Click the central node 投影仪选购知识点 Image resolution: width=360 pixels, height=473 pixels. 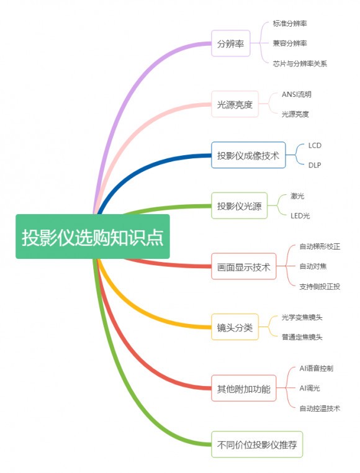pos(92,236)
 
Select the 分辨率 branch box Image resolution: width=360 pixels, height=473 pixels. pos(231,43)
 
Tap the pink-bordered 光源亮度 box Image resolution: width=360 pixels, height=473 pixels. pos(235,104)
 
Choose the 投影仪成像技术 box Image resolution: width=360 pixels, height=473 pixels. pos(248,155)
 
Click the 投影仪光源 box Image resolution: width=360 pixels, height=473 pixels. pos(240,205)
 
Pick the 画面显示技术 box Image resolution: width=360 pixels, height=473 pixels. pos(244,266)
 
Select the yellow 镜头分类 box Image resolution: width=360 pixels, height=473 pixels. pos(235,327)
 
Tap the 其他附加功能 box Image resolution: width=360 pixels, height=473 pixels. pos(244,388)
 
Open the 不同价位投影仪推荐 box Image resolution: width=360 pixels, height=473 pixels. pos(257,444)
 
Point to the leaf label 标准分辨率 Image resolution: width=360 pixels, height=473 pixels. pos(290,23)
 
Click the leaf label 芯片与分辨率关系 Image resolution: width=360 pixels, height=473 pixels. pos(300,63)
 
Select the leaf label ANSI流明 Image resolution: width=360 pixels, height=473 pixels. pos(296,94)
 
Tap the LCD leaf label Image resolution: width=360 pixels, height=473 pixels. pos(315,145)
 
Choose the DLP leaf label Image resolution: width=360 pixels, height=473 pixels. pos(315,165)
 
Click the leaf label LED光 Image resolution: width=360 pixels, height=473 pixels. pos(300,215)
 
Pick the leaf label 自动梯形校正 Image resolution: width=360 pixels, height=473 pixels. pos(320,246)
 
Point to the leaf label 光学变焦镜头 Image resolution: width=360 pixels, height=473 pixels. pos(302,317)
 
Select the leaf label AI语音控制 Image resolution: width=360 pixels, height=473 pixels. pos(317,368)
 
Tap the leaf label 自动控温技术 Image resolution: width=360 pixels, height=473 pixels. pos(320,408)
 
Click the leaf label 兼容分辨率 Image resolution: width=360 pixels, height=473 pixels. pos(290,43)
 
